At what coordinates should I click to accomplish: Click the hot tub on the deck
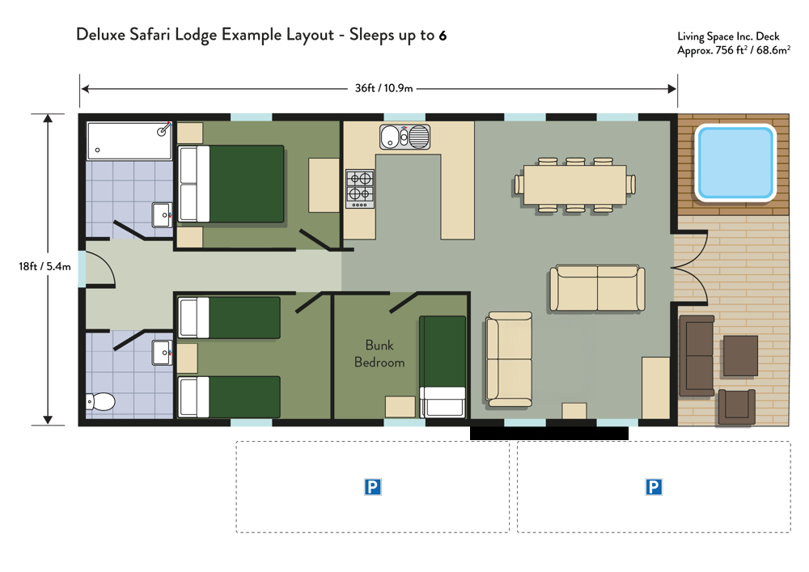coord(735,163)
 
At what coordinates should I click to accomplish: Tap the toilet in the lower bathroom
coord(100,401)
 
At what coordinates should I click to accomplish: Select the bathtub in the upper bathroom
coord(129,140)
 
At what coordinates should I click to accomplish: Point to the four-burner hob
coord(360,189)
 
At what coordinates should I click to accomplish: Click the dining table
coord(574,184)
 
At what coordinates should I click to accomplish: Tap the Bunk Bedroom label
coord(379,354)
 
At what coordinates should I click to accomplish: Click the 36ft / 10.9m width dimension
coord(383,88)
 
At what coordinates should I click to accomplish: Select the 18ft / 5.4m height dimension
coord(44,266)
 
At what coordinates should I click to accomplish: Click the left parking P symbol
coord(372,487)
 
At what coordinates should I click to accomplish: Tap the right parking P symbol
coord(654,487)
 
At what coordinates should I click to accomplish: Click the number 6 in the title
coord(443,36)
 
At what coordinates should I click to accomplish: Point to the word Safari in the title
coord(150,35)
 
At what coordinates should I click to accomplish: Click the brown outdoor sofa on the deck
coord(697,356)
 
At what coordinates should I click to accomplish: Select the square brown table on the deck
coord(740,356)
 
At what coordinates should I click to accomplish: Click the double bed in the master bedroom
coord(231,184)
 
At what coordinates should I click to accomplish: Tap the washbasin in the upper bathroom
coord(162,214)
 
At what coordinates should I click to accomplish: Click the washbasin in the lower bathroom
coord(162,353)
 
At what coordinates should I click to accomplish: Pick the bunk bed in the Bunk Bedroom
coord(443,367)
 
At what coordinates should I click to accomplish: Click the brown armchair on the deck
coord(736,407)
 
